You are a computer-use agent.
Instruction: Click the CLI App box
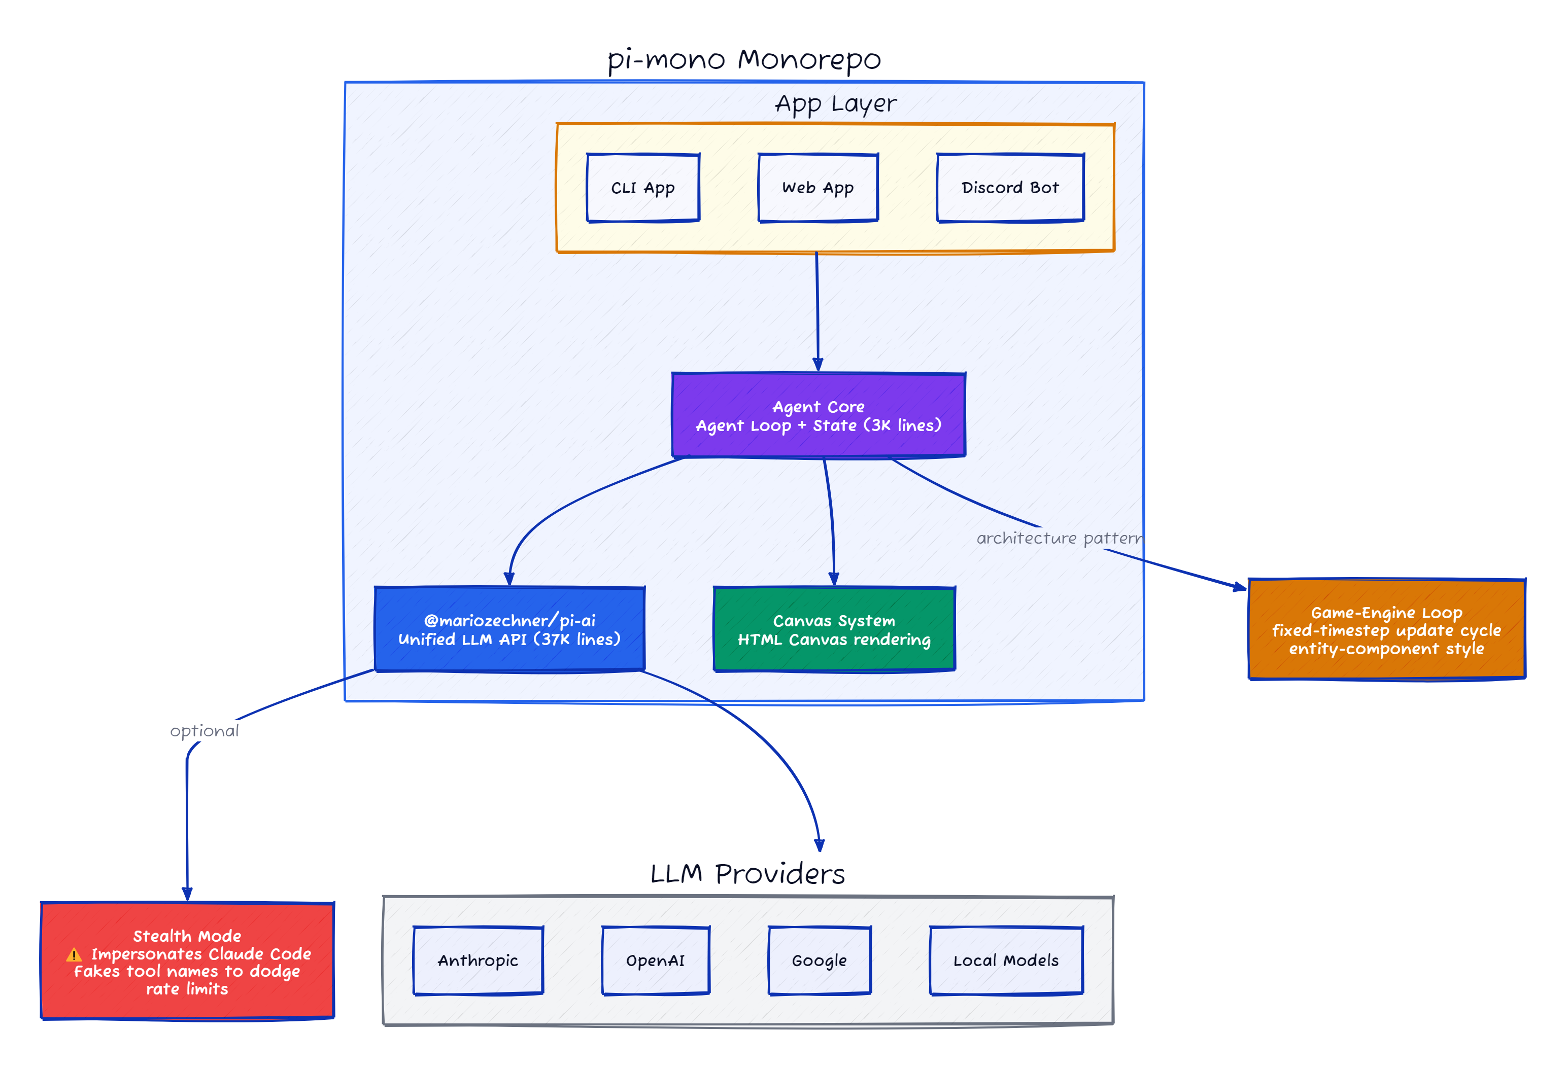tap(643, 188)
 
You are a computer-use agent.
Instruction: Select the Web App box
tap(818, 188)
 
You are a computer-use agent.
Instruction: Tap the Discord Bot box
tap(1009, 188)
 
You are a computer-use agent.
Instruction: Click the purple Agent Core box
tap(818, 415)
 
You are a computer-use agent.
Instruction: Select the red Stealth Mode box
tap(187, 961)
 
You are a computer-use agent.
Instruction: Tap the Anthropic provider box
tap(478, 961)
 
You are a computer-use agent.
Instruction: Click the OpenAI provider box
tap(655, 961)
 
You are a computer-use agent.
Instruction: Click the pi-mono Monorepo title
tap(743, 59)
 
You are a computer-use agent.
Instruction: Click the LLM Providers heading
tap(746, 874)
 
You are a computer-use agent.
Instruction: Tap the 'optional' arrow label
tap(204, 731)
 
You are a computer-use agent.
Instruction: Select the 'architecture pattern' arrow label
tap(1059, 538)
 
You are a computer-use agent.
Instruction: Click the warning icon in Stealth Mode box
tap(74, 955)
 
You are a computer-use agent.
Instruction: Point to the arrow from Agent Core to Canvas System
tap(832, 518)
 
